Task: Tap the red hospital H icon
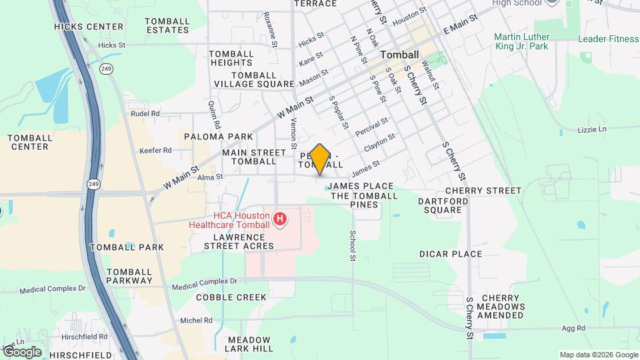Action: [x=281, y=219]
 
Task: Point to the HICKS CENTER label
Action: [x=89, y=27]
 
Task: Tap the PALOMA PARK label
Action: [x=219, y=137]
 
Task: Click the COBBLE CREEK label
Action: [x=231, y=297]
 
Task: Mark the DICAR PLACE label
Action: [x=450, y=254]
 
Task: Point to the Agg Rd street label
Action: [x=573, y=328]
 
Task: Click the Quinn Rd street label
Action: [x=214, y=115]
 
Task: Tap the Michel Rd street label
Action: [x=196, y=321]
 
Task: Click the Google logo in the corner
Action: [x=21, y=352]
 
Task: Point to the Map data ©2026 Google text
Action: [x=598, y=355]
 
